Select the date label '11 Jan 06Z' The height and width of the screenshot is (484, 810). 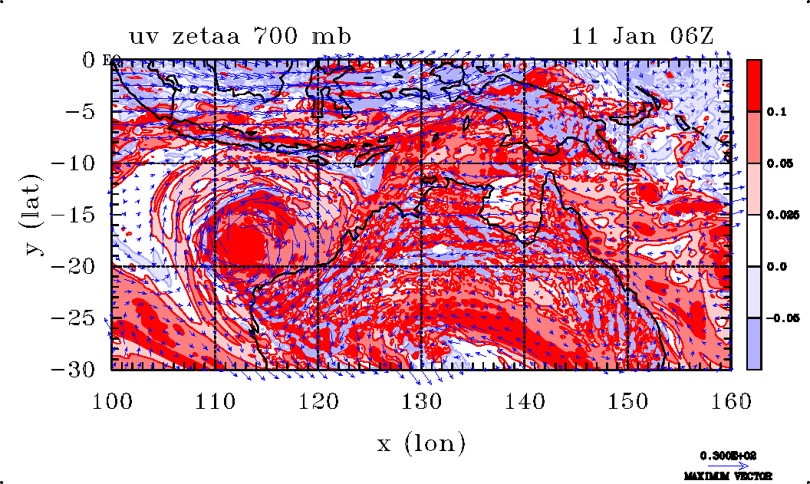(643, 36)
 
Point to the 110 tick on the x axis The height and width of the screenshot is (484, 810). (214, 400)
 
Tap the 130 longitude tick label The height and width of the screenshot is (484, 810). (421, 400)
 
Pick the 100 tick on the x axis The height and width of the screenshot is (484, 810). (111, 400)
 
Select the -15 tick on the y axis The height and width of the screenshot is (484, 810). (78, 215)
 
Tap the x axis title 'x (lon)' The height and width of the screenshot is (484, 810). (421, 443)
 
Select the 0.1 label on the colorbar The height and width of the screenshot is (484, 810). (778, 112)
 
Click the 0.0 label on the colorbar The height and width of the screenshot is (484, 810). (778, 266)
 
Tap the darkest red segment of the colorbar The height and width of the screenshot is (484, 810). (754, 85)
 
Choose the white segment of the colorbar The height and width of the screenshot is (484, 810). (754, 240)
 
